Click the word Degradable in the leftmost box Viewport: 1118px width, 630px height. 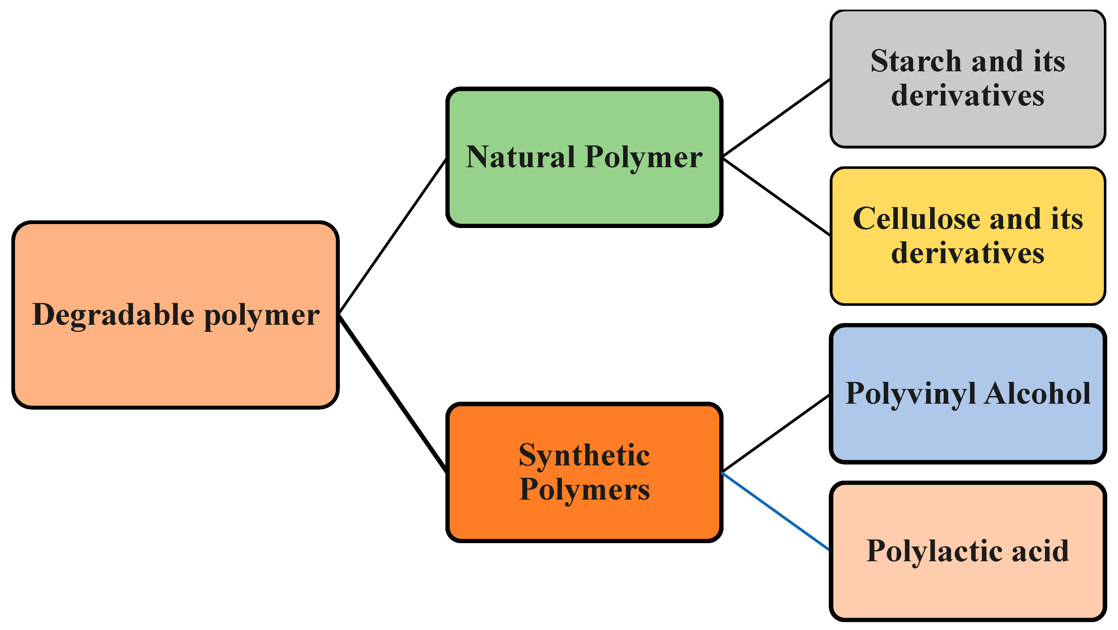point(113,315)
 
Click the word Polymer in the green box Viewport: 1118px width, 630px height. point(644,158)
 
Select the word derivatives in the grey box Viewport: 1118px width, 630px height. point(967,95)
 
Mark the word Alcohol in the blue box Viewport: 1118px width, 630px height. point(1037,394)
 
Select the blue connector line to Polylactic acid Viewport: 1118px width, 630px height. point(776,512)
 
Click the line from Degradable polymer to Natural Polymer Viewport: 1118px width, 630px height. point(393,236)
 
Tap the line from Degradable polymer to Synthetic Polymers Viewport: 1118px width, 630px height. point(393,394)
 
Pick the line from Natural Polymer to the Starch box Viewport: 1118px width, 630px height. point(776,118)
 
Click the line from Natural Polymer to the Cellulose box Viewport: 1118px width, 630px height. point(776,197)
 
